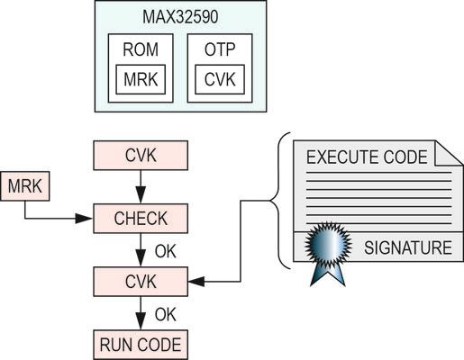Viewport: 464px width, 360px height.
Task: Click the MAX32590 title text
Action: tap(180, 17)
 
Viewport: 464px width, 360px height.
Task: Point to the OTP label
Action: tap(221, 50)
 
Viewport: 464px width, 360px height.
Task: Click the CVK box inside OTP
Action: tap(221, 79)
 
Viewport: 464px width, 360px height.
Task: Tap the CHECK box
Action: tap(140, 218)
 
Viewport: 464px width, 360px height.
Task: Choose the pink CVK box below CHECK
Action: tap(140, 282)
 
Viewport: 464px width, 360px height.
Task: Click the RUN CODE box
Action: tap(140, 344)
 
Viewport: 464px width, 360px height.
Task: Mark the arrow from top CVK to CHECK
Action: tap(140, 186)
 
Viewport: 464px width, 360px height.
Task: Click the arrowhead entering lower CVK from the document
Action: tap(196, 282)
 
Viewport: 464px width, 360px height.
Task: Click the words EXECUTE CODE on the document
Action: tap(367, 157)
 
